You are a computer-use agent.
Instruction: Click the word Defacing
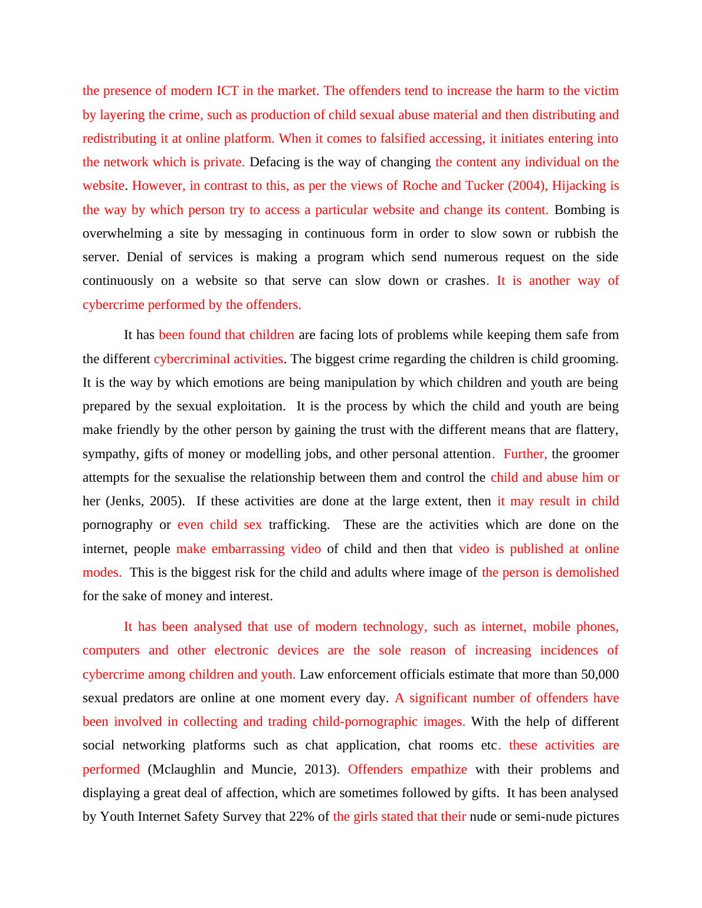coord(273,162)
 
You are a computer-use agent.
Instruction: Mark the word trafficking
coord(299,525)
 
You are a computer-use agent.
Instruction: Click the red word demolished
coord(588,573)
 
